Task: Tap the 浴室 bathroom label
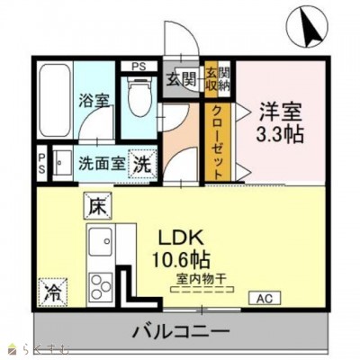[93, 101]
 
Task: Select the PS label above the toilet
[139, 67]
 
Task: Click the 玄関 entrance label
[178, 79]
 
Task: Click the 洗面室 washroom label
[98, 166]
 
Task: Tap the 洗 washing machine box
[143, 165]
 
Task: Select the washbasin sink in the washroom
[62, 166]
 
